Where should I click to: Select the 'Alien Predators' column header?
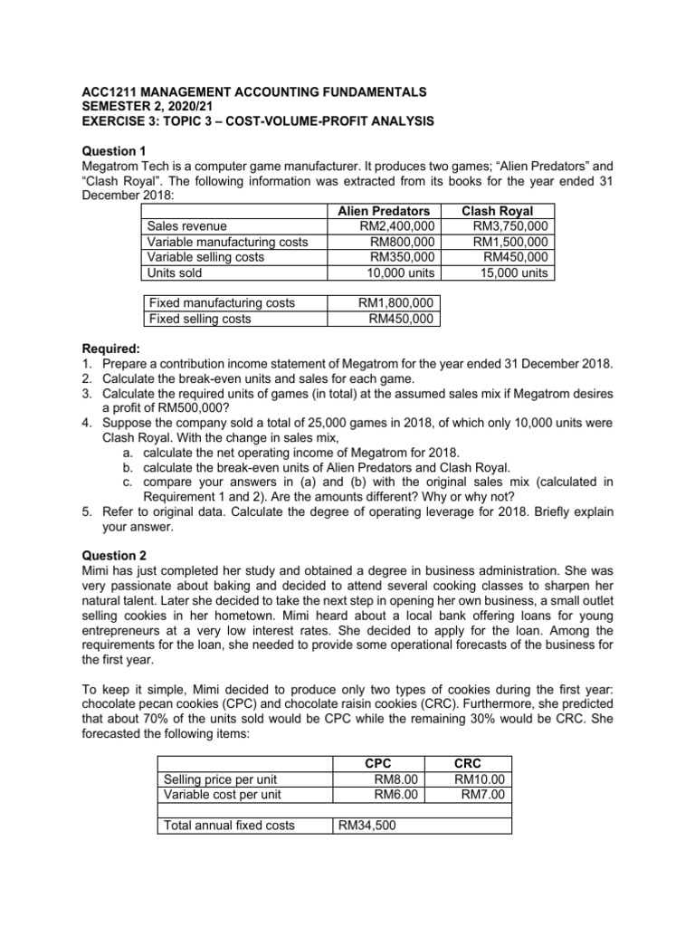[x=383, y=211]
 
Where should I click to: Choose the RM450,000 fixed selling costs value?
[x=402, y=319]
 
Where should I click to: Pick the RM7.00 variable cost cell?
[x=482, y=794]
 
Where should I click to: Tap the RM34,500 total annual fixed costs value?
[x=367, y=825]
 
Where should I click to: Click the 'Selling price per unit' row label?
[x=220, y=779]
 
